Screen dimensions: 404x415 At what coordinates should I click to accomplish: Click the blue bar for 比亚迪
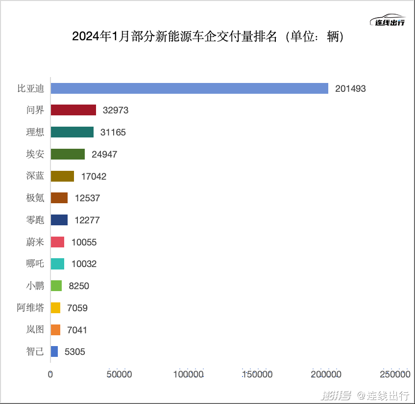(x=189, y=88)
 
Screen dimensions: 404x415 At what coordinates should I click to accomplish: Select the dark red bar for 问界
(x=73, y=110)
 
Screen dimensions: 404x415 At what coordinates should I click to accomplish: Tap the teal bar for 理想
(x=72, y=132)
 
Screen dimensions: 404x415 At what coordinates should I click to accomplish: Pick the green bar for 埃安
(x=68, y=154)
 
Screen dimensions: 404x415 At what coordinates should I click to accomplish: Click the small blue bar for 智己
(x=54, y=351)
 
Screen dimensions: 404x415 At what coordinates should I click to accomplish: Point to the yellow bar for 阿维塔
(x=55, y=308)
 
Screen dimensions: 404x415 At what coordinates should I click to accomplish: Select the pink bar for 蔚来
(x=57, y=242)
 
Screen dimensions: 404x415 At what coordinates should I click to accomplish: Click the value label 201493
(x=350, y=89)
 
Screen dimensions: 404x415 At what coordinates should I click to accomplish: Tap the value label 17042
(x=94, y=176)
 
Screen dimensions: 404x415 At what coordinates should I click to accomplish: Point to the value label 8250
(x=79, y=286)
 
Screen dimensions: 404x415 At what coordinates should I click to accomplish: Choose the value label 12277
(x=87, y=220)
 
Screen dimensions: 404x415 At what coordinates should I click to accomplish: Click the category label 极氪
(x=35, y=198)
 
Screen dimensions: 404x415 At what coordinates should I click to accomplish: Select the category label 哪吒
(x=35, y=264)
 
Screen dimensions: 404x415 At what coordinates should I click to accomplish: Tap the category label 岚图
(x=35, y=329)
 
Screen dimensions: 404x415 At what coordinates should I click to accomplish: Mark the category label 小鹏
(x=35, y=286)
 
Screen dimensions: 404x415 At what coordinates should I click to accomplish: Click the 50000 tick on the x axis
(x=119, y=375)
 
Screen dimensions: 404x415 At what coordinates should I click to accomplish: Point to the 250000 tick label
(x=395, y=375)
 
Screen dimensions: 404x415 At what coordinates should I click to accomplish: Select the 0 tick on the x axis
(x=50, y=375)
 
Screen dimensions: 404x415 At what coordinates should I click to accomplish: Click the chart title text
(x=208, y=37)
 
